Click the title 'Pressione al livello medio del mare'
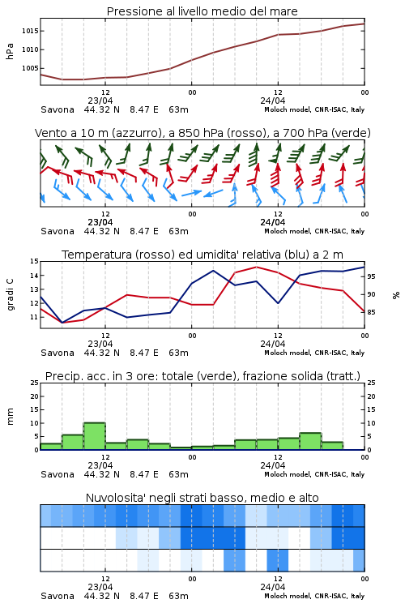click(x=202, y=11)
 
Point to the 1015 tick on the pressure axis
click(x=30, y=31)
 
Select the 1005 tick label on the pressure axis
click(x=30, y=68)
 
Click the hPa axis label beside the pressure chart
click(x=10, y=51)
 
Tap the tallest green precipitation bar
click(x=94, y=436)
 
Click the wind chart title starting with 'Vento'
click(x=202, y=133)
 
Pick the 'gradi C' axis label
click(x=10, y=294)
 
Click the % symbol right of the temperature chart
click(x=396, y=295)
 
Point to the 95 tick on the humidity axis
click(x=371, y=276)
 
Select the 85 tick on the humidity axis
click(x=371, y=312)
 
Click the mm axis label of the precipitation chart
click(x=10, y=417)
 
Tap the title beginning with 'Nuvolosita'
click(x=202, y=498)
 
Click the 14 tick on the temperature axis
click(x=34, y=276)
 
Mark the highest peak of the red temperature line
click(x=256, y=267)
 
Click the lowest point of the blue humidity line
click(x=62, y=323)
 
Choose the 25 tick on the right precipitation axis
click(x=371, y=383)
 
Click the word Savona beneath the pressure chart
click(x=58, y=109)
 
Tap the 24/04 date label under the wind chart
click(x=273, y=222)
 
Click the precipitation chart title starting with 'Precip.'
click(x=202, y=376)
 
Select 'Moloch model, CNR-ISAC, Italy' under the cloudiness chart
click(x=314, y=596)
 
